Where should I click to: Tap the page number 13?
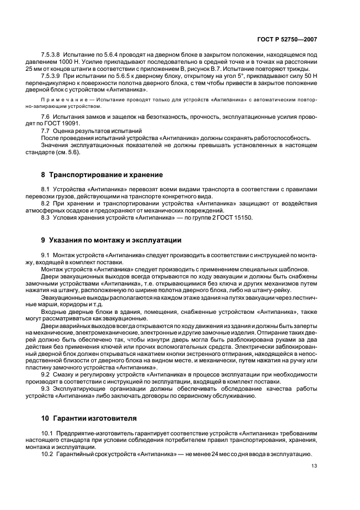click(x=314, y=466)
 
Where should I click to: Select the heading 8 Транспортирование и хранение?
click(x=102, y=174)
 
